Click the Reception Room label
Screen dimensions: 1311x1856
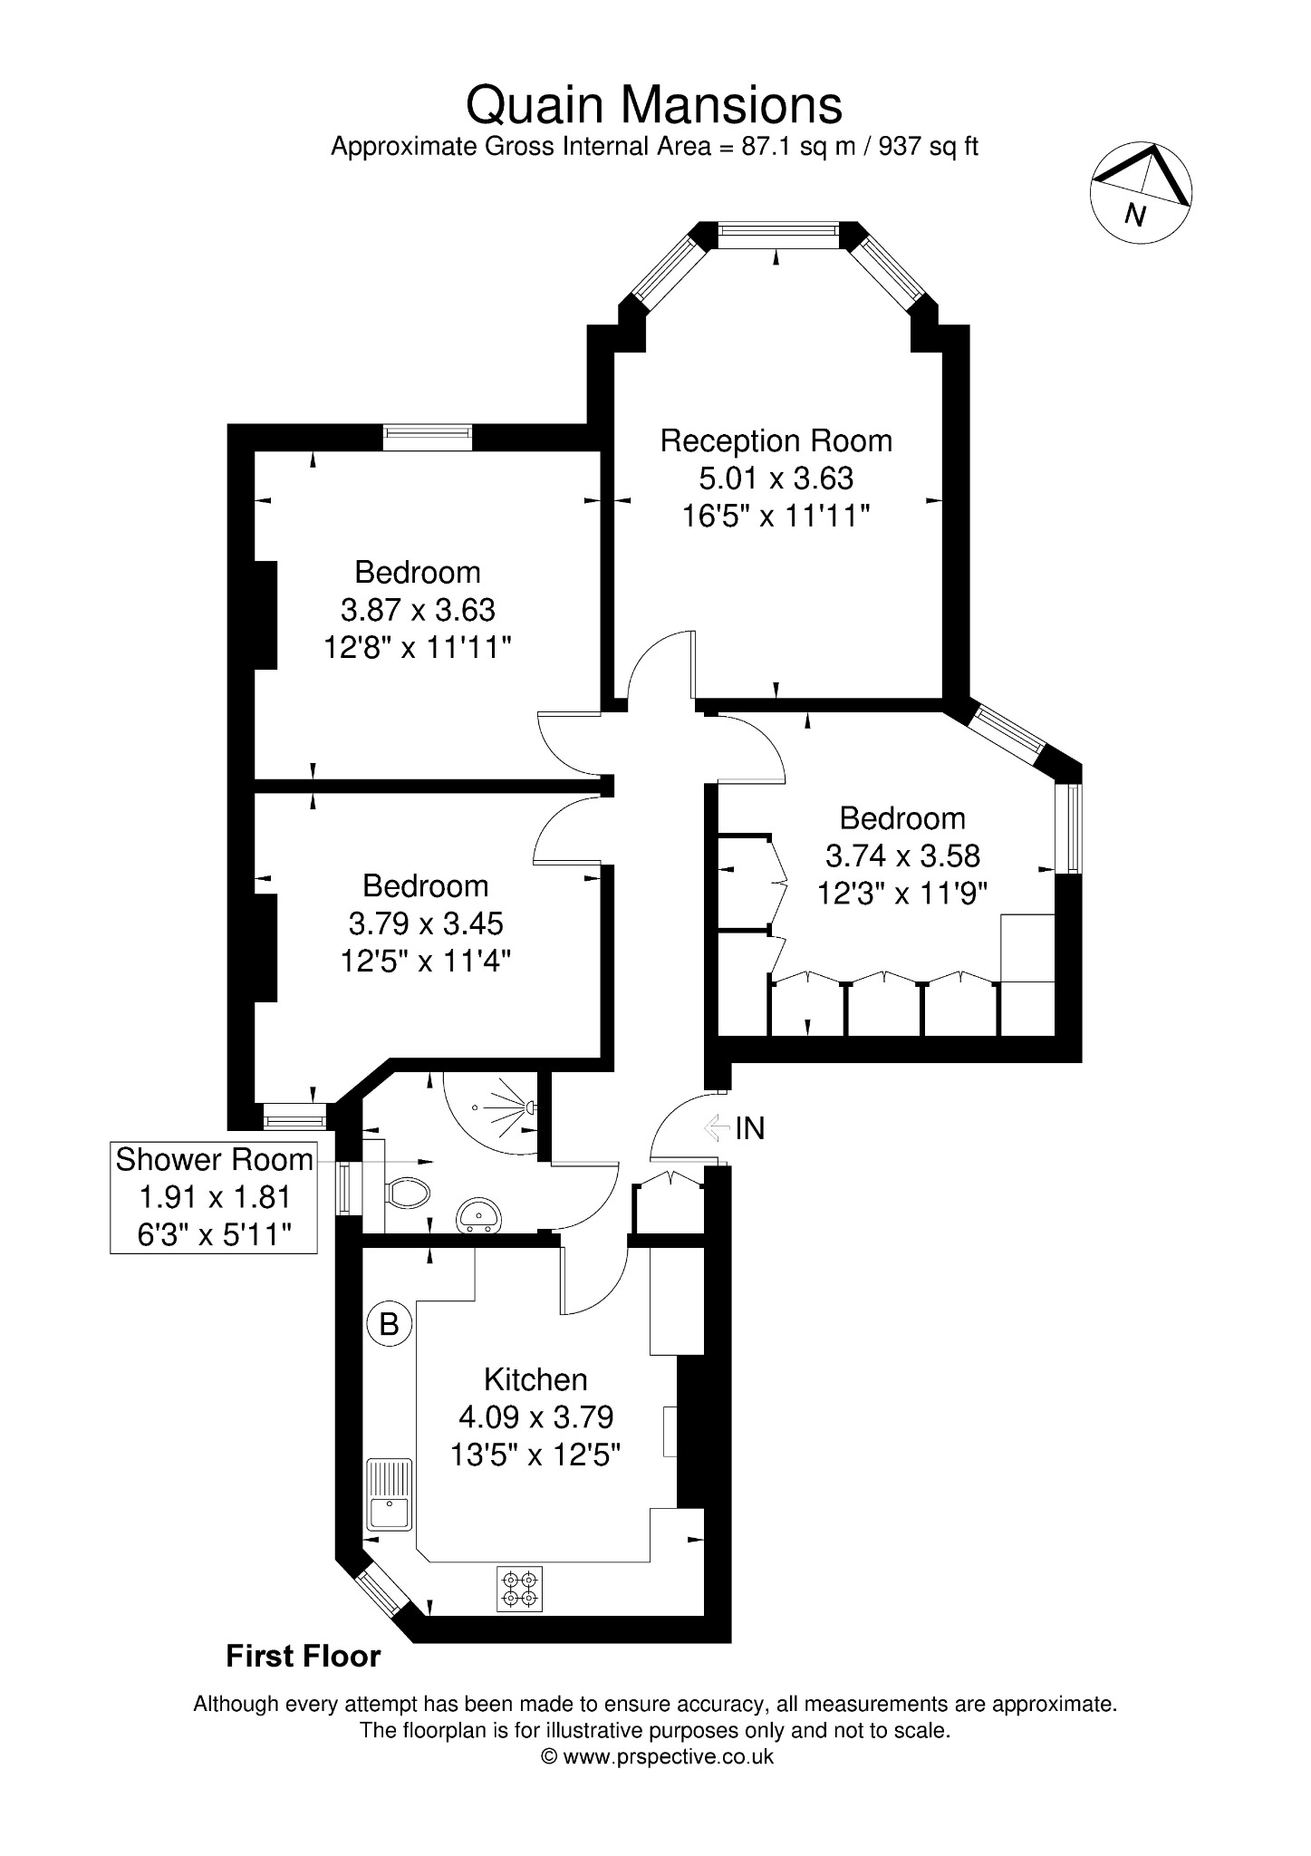(x=776, y=441)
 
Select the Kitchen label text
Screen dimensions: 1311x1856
(x=535, y=1379)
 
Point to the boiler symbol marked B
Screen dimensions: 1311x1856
(x=389, y=1324)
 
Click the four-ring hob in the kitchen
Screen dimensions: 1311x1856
(x=519, y=1589)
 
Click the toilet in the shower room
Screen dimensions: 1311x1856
(x=407, y=1193)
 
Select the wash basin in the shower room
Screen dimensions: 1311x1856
(x=477, y=1215)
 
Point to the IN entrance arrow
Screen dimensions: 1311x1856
(x=718, y=1127)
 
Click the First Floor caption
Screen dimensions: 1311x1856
(x=303, y=1657)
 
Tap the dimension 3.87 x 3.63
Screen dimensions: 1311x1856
(x=418, y=610)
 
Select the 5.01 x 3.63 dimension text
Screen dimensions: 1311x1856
(x=776, y=478)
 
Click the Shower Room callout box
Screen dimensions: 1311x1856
(x=214, y=1197)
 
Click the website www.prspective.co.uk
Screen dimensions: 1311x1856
(x=669, y=1756)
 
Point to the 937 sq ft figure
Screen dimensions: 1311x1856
(x=928, y=147)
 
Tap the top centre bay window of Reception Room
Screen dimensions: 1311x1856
(x=776, y=235)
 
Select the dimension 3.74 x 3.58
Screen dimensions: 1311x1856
(x=902, y=855)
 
